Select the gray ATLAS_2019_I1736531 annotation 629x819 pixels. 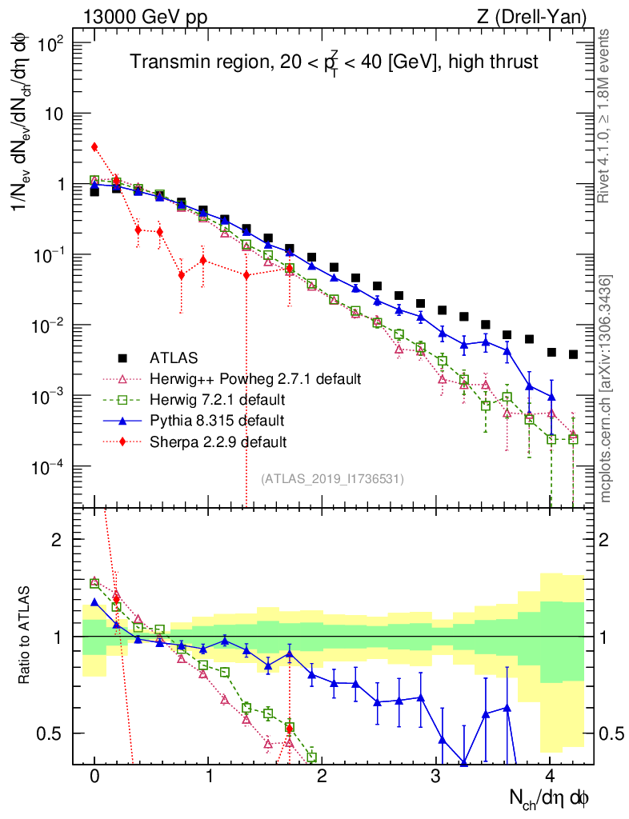332,478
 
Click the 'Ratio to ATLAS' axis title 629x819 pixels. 26,636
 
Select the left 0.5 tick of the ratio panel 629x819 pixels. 54,733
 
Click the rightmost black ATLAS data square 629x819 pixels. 574,354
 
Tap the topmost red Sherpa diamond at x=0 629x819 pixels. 94,146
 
